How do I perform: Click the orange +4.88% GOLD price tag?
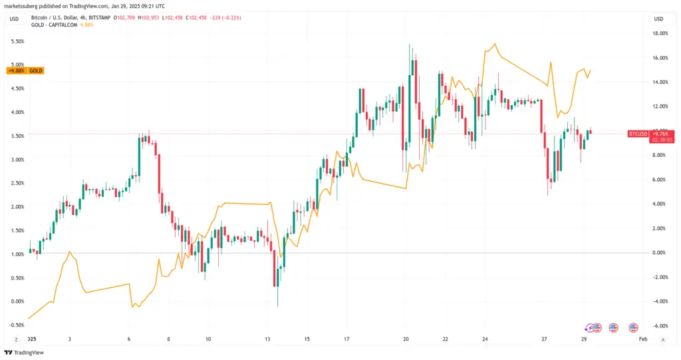click(25, 71)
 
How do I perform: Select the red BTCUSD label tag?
click(638, 134)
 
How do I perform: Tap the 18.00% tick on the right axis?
click(659, 33)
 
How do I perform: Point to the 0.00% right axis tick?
click(659, 253)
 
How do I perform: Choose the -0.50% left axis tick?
click(15, 325)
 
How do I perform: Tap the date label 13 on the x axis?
click(267, 339)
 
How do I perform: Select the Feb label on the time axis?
click(642, 339)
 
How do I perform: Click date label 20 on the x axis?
click(406, 339)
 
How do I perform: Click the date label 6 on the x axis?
click(129, 339)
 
